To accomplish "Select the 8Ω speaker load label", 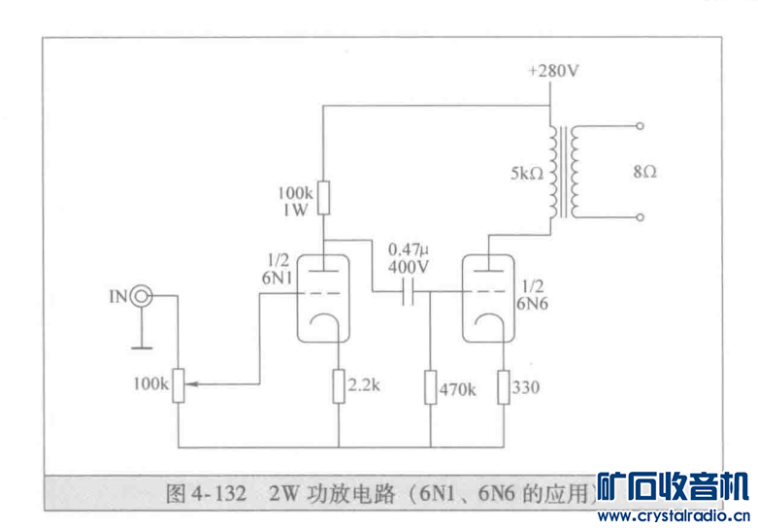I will pyautogui.click(x=644, y=172).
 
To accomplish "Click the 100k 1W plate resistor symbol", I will pyautogui.click(x=324, y=198).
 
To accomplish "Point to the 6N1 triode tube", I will pyautogui.click(x=323, y=296).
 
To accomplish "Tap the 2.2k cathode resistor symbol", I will pyautogui.click(x=338, y=386).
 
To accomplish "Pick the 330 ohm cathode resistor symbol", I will pyautogui.click(x=504, y=386).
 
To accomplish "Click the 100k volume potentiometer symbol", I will pyautogui.click(x=180, y=385).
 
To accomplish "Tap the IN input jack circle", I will pyautogui.click(x=142, y=295).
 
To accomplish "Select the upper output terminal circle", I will pyautogui.click(x=639, y=127).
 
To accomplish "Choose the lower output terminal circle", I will pyautogui.click(x=639, y=219).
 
